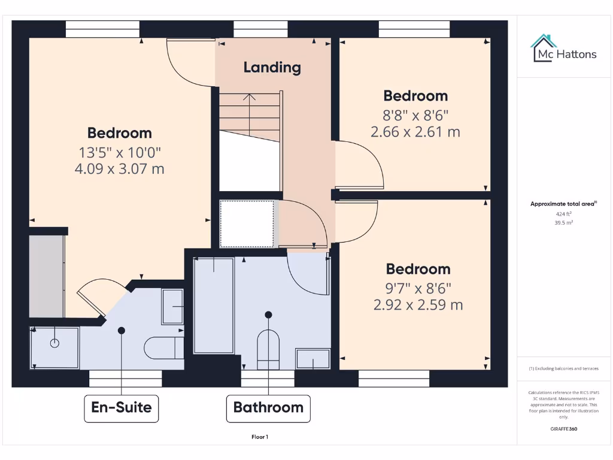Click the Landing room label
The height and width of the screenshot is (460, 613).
pos(272,67)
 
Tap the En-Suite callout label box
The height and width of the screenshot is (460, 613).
pos(121,408)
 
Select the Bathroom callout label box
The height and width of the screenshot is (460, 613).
pos(268,408)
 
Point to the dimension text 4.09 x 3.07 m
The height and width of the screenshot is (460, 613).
pos(119,169)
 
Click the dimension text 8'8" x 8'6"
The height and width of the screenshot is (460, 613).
pos(415,114)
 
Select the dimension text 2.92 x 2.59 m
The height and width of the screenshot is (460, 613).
pos(418,305)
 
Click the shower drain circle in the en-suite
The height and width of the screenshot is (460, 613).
pos(55,343)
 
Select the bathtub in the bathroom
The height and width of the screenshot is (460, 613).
pos(214,305)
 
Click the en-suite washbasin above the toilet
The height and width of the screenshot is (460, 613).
pos(172,307)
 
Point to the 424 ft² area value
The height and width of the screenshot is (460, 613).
pos(563,214)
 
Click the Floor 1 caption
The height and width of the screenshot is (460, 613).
pos(260,437)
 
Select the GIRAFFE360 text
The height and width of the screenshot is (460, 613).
pos(563,429)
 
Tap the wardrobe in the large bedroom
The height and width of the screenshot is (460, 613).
pos(47,276)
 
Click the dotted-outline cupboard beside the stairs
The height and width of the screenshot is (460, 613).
pos(247,223)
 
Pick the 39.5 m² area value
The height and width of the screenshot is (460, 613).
pos(563,222)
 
